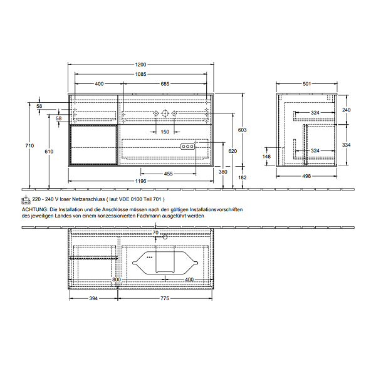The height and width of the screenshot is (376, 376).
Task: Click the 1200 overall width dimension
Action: tap(140, 65)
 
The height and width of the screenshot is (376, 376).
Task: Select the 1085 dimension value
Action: tap(140, 74)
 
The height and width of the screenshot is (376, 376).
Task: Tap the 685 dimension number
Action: tap(165, 84)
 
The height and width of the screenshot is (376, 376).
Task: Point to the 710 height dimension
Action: tap(29, 145)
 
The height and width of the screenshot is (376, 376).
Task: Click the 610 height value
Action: tap(49, 151)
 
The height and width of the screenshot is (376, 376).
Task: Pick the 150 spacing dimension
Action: tap(165, 132)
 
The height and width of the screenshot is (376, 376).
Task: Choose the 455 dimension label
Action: tap(169, 174)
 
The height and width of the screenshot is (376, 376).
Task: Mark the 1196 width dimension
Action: tap(140, 181)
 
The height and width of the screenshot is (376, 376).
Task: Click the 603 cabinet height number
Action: tap(242, 130)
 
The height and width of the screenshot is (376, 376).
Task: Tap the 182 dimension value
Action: tap(242, 177)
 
